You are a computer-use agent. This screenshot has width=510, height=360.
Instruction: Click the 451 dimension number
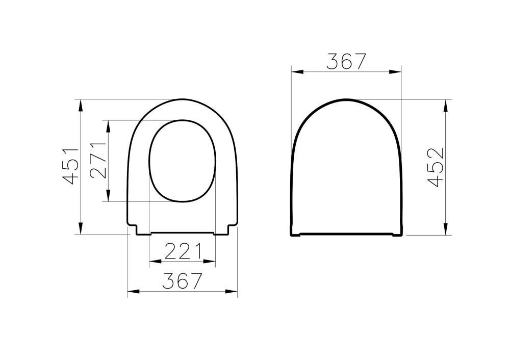point(70,165)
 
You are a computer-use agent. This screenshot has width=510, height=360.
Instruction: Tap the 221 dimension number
point(182,251)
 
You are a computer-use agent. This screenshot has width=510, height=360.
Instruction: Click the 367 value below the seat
point(182,280)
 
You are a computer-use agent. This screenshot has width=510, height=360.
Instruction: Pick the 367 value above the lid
point(346,61)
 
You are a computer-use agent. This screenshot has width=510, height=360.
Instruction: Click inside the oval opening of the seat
point(183,161)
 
